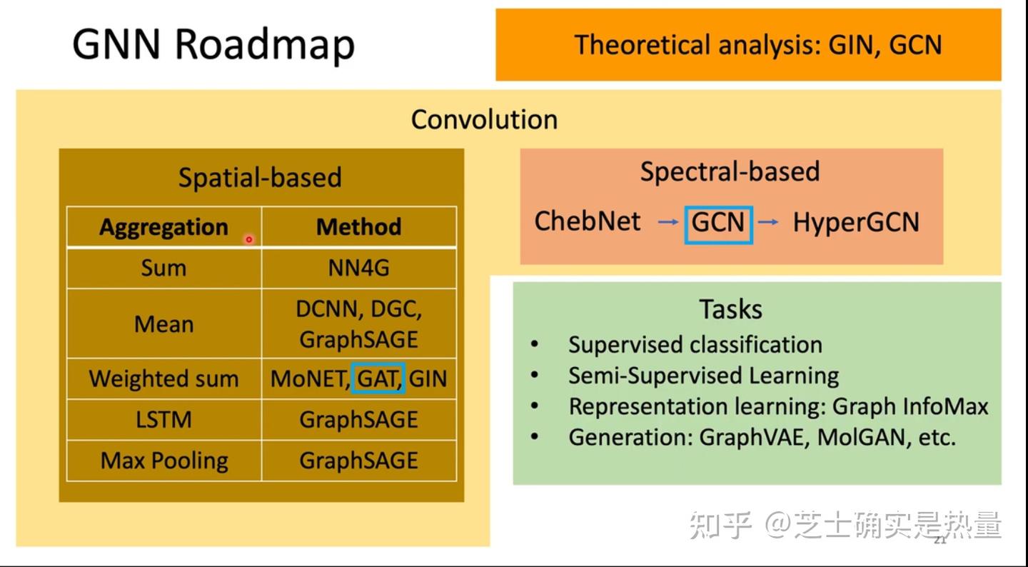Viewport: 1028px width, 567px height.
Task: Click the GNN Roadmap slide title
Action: pos(213,44)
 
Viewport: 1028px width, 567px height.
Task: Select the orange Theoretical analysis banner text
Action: pos(758,45)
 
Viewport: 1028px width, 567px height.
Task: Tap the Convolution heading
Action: pos(484,119)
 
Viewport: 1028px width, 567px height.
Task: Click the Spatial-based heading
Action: pos(260,177)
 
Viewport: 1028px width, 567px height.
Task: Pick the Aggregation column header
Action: pos(163,227)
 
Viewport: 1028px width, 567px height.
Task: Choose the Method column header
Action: pos(358,227)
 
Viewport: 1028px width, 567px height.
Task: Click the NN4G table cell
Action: pos(358,268)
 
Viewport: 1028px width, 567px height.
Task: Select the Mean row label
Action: pos(163,324)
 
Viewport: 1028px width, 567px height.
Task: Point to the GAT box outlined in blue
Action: pos(378,378)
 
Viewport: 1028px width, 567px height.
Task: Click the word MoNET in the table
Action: pos(308,378)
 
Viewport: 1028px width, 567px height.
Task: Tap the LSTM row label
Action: pos(163,419)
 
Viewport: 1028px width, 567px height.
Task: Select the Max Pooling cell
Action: pos(163,461)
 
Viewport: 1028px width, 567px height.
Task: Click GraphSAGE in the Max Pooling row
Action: pos(358,461)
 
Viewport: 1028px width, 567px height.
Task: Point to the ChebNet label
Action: pos(588,221)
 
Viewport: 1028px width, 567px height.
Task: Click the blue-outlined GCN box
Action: pos(718,223)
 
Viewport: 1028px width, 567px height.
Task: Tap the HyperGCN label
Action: pos(856,223)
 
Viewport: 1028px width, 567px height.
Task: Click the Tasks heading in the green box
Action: pos(730,309)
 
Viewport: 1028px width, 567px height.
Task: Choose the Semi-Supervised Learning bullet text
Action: pos(703,376)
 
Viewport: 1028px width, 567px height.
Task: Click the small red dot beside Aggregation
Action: pos(249,240)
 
